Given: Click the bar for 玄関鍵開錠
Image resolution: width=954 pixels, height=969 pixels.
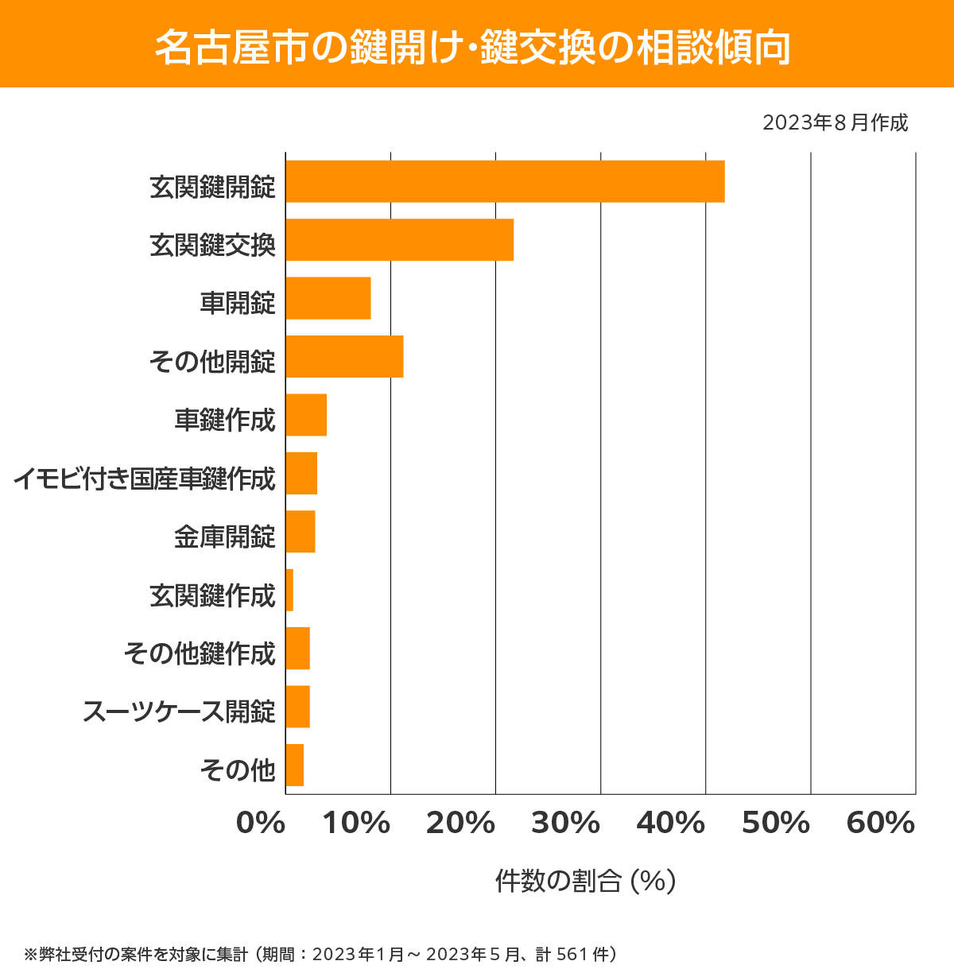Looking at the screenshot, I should (x=505, y=181).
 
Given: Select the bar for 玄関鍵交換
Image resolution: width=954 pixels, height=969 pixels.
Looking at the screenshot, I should (x=399, y=239).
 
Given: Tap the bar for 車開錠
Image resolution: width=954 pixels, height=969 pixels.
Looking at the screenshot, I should (x=328, y=298).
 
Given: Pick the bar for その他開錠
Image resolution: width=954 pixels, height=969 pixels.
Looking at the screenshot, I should (x=344, y=356).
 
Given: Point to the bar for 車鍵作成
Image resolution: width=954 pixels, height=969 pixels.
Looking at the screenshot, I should (x=306, y=415).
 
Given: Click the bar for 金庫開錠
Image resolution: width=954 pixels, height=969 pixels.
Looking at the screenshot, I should (x=301, y=532).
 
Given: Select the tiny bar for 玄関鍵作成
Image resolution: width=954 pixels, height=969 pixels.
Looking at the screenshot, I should (x=289, y=590).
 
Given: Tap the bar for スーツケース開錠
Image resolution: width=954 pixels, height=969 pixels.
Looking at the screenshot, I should (x=297, y=707).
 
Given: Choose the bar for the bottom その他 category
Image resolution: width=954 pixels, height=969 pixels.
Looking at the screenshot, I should (x=294, y=765).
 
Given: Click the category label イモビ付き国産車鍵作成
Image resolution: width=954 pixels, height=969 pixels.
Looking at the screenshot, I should (x=144, y=479).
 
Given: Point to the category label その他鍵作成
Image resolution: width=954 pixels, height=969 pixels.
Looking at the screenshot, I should (x=200, y=653).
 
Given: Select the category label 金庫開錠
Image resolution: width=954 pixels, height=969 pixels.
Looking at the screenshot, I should (x=225, y=537).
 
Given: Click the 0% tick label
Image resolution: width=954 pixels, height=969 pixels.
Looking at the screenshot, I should (x=261, y=824).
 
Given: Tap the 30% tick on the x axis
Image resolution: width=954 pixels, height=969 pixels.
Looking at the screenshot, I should (x=565, y=824).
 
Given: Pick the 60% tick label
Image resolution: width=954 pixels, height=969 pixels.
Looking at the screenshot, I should (x=881, y=824).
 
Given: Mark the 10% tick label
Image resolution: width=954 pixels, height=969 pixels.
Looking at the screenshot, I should (x=356, y=824).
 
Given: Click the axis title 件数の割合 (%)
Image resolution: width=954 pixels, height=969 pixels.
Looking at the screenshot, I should (x=585, y=881).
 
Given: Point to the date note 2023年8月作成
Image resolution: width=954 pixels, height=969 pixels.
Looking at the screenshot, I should (x=835, y=123).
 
